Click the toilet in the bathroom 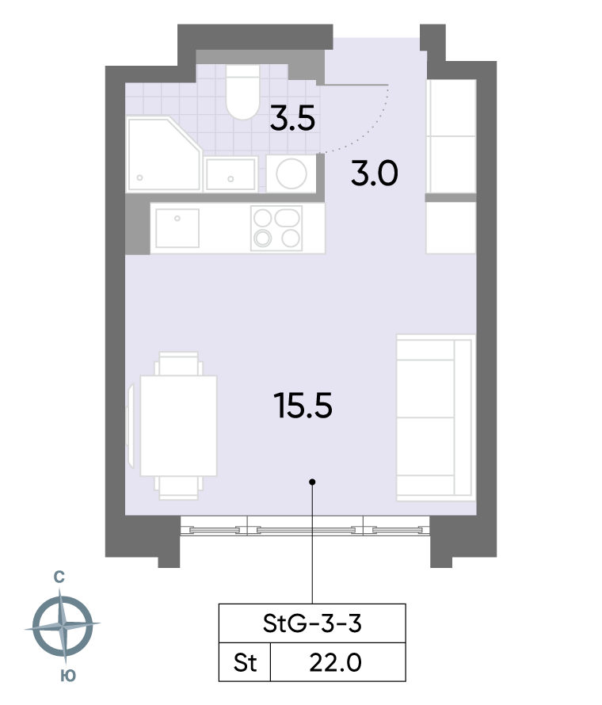coord(242,92)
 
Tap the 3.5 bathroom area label coord(292,119)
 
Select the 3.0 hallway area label coord(375,173)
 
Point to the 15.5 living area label coord(303,406)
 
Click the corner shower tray coord(164,154)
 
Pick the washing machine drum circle coord(291,173)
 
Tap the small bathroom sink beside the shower coord(231,174)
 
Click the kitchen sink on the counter coord(177,228)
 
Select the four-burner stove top coord(276,228)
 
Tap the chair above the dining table coord(178,364)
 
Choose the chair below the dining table coord(178,488)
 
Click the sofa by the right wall coord(436,417)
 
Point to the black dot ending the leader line coord(312,482)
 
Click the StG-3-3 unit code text coord(312,623)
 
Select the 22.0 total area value coord(335,663)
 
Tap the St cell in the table coord(245,663)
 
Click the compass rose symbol coord(63,626)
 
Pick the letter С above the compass coord(59,577)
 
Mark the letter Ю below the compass coord(68,676)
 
